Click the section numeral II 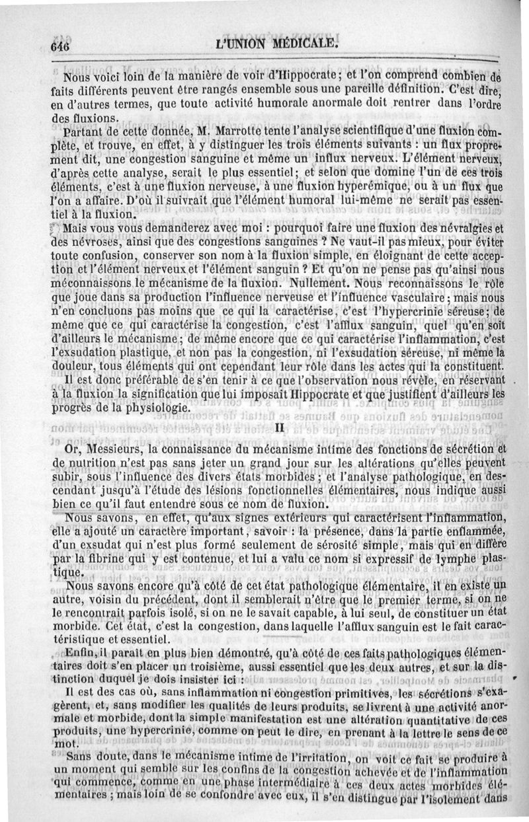pos(278,428)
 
